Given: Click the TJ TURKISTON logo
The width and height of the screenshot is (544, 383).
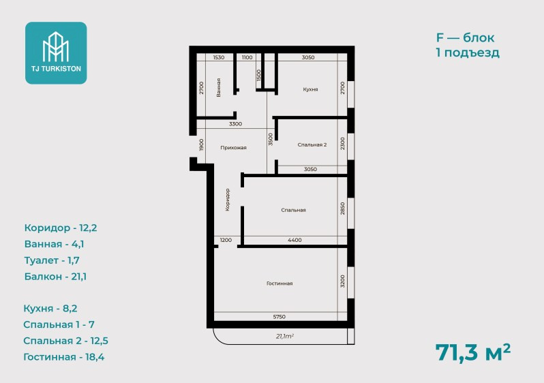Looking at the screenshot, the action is pos(56,52).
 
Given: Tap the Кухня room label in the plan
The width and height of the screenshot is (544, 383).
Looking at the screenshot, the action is pos(310,89).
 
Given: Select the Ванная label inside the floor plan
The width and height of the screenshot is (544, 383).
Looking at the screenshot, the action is pos(218,87).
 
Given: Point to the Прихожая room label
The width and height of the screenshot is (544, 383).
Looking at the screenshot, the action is pos(233,147).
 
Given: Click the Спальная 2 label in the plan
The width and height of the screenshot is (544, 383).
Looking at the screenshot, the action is pos(312,144).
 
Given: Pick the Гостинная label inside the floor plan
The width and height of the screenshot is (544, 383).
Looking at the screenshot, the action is pos(279,284).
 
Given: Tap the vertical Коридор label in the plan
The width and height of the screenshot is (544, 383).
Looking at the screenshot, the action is pos(227,200).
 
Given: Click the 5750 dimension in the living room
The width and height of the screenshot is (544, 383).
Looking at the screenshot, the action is pos(279,317).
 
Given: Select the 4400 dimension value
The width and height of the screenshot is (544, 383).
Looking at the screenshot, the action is pos(294,240).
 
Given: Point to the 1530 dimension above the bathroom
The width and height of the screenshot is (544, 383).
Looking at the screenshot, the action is pos(219,57).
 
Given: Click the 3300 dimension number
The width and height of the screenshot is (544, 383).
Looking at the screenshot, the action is pos(235,124).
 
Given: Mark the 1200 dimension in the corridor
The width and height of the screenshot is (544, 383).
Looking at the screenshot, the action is pos(226,240).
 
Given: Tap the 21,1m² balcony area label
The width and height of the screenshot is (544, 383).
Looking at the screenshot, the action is pos(285,336).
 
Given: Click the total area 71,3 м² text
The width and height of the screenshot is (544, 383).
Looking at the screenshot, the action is pos(473,353).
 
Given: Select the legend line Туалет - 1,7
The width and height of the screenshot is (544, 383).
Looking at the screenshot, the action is pos(52,260).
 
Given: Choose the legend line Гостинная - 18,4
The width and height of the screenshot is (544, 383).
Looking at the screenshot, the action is pos(64,357).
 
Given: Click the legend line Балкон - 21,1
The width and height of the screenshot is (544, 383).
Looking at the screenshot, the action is pos(55,277).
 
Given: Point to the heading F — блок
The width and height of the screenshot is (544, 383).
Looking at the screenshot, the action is pos(465,37).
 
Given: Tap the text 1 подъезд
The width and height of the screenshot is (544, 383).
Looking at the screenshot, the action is pos(468,52).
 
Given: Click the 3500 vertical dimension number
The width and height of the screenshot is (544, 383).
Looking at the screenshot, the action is pos(271,139).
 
